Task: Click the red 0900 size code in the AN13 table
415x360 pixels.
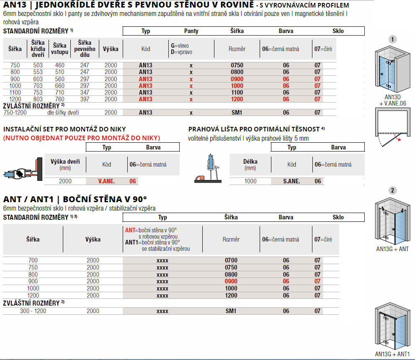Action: [237, 79]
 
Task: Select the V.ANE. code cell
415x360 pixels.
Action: [106, 181]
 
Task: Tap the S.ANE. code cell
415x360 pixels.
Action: [291, 181]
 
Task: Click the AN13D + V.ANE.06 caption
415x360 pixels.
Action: [392, 100]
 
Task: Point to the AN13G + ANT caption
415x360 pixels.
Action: [392, 249]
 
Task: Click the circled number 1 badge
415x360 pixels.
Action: [392, 39]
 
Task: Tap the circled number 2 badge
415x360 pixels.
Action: [392, 190]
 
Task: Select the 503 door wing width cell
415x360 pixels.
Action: [39, 65]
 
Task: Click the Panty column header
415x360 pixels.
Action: [191, 31]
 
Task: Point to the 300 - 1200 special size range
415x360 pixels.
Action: [33, 311]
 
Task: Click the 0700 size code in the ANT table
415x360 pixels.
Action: [231, 260]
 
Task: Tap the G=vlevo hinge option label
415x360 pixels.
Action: [180, 45]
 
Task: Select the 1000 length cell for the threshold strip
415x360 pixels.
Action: [250, 181]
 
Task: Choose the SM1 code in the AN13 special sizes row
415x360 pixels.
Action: [237, 113]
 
